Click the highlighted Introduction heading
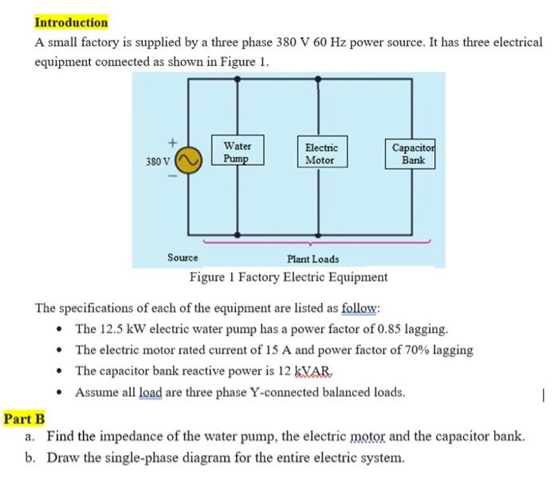point(71,22)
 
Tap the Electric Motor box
point(320,154)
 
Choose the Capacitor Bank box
point(414,153)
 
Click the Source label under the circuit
point(183,257)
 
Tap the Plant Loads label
point(312,259)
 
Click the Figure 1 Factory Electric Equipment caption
point(289,277)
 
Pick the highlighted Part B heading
point(24,418)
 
